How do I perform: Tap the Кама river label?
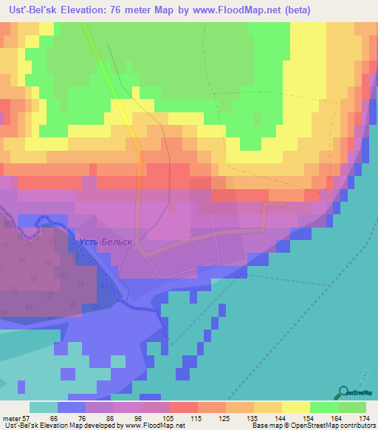click(360, 378)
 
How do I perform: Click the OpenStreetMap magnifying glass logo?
click(344, 394)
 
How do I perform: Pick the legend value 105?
click(169, 418)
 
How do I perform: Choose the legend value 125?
click(225, 418)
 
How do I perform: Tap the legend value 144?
click(281, 418)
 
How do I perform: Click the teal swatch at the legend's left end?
click(44, 407)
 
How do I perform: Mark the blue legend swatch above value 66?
click(72, 407)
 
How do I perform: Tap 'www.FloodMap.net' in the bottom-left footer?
click(154, 426)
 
